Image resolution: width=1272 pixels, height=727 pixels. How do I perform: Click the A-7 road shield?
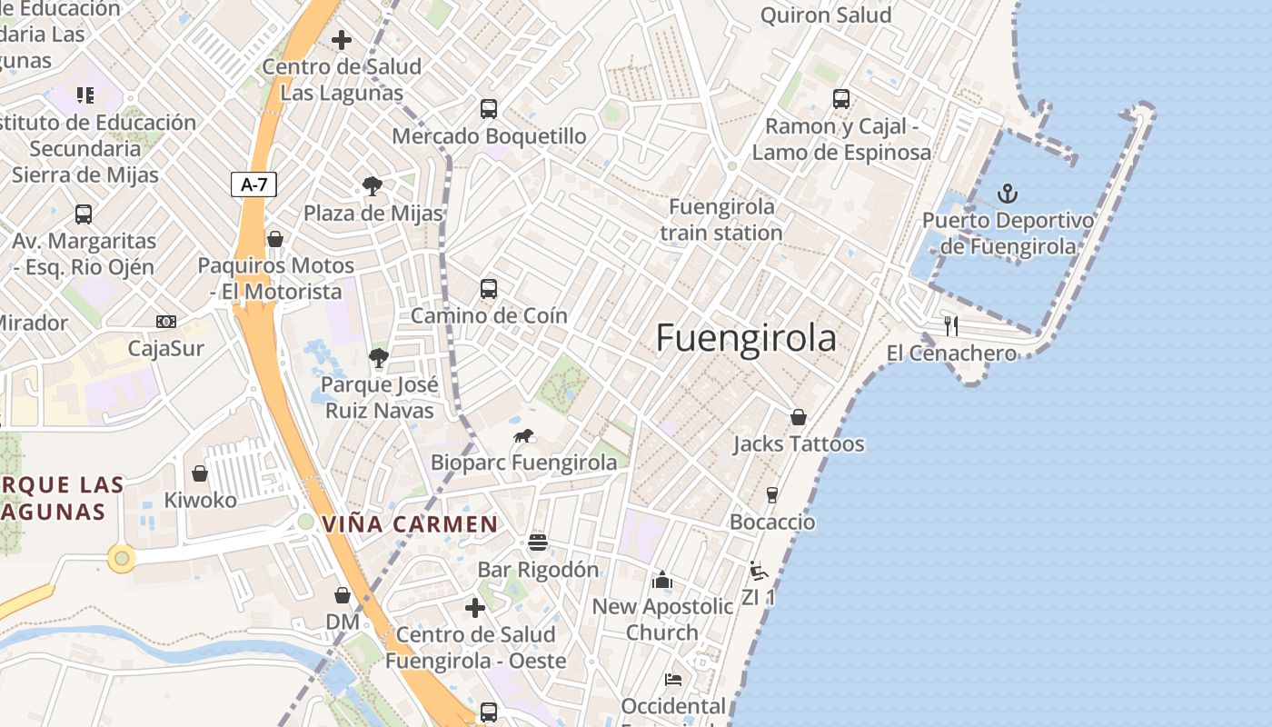(x=253, y=184)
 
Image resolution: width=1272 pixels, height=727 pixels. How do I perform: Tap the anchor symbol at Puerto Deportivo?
(x=1007, y=193)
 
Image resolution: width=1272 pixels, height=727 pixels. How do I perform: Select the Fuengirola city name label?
(x=745, y=338)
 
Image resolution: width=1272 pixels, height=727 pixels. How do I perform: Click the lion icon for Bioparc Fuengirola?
(x=523, y=436)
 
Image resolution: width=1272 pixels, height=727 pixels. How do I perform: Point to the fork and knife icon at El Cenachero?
(x=951, y=325)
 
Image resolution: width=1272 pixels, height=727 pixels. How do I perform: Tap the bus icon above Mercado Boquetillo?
(x=489, y=109)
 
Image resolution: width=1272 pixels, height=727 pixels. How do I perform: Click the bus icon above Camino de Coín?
(x=489, y=289)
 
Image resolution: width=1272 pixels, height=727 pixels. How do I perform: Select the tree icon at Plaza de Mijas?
(x=372, y=186)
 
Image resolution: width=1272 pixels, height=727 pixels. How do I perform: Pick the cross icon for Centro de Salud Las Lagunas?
(x=342, y=40)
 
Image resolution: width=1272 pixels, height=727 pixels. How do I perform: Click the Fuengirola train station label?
(x=721, y=219)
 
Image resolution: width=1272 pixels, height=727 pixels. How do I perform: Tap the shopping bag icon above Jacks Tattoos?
(x=798, y=417)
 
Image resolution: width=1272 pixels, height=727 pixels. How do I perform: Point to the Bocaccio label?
(x=772, y=522)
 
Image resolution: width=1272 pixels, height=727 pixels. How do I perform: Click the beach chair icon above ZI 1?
(x=758, y=572)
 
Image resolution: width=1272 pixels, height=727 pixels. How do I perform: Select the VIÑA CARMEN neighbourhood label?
(x=410, y=523)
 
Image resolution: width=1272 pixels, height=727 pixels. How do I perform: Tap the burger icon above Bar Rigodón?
(x=538, y=543)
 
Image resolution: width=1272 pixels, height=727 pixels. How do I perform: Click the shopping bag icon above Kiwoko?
(x=200, y=473)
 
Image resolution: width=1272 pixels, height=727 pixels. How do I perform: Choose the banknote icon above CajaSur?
(x=165, y=322)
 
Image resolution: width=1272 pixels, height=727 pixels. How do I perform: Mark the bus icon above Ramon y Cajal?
(x=841, y=99)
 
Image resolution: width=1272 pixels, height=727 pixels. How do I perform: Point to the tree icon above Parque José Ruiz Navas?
(x=378, y=358)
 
